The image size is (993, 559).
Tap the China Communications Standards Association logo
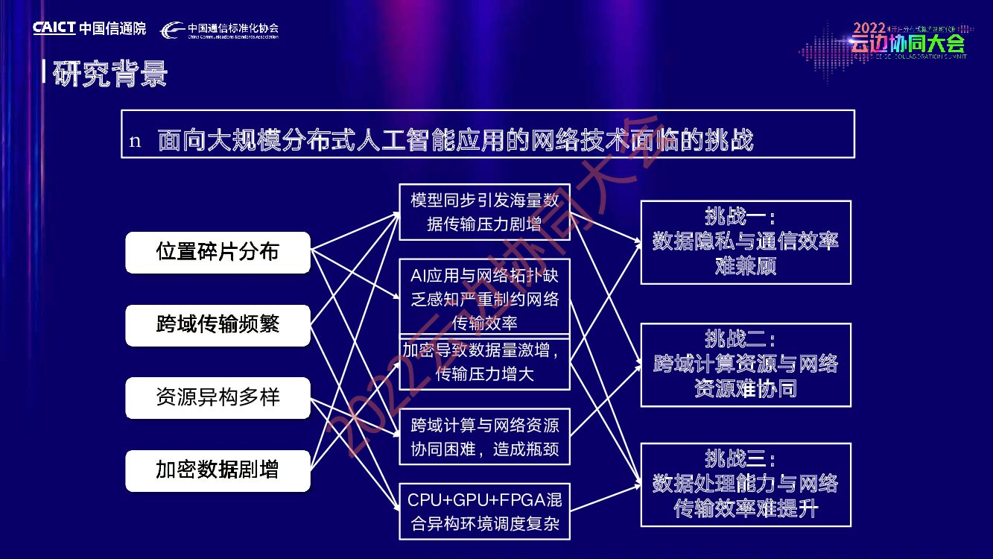tap(221, 30)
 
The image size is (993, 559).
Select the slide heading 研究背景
tap(111, 74)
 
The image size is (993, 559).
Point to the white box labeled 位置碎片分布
tap(218, 252)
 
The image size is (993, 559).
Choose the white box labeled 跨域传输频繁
tap(218, 325)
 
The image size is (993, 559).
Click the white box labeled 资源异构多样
tap(218, 397)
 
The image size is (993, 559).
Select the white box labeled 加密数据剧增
tap(218, 470)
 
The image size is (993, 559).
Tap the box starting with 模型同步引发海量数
tap(484, 212)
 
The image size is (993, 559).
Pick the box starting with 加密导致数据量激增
tap(484, 362)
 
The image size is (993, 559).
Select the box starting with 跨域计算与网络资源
tap(484, 437)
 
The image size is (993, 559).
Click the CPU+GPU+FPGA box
tap(484, 511)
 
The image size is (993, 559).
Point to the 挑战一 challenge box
tap(746, 241)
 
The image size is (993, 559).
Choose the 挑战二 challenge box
tap(746, 364)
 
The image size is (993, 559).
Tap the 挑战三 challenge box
tap(746, 484)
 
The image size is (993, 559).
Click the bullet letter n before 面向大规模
tap(135, 142)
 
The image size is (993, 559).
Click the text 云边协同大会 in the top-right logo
tap(907, 44)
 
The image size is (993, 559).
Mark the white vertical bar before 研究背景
tap(45, 72)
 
